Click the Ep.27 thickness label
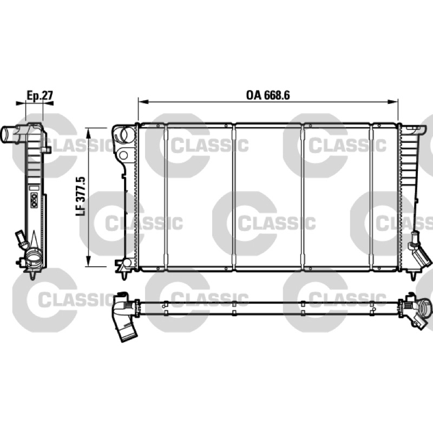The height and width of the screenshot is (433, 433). [40, 95]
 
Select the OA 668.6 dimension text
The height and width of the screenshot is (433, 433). [268, 95]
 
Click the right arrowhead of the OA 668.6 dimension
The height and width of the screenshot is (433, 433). [393, 102]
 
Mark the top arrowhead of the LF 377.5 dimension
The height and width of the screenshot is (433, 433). [88, 133]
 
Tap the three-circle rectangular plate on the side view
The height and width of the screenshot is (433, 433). [34, 201]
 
